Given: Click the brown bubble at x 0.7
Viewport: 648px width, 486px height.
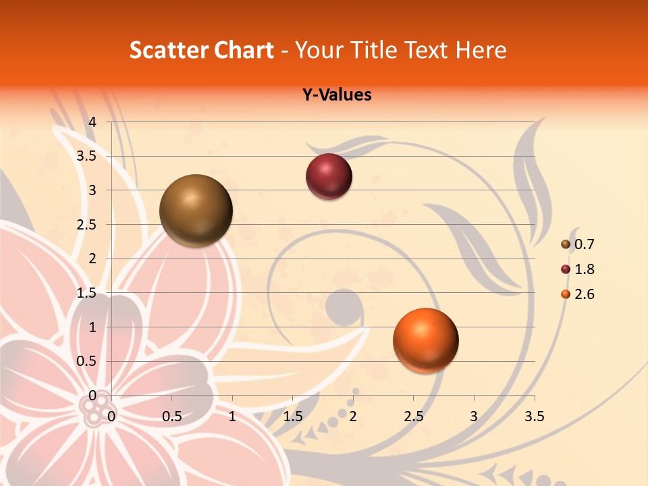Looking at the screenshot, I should click(x=196, y=211).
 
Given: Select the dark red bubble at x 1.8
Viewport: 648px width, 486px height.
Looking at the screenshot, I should click(x=329, y=176).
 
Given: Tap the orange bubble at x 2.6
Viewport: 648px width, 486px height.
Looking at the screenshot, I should click(x=425, y=340).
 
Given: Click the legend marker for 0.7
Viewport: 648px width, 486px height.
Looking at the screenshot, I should click(x=566, y=244).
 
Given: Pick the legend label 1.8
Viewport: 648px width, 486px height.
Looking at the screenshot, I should click(x=585, y=269).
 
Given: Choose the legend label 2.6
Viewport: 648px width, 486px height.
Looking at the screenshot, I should click(x=585, y=294).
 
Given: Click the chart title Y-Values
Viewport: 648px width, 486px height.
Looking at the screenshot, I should click(x=337, y=95).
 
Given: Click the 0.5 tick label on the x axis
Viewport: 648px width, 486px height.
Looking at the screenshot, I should click(x=172, y=416).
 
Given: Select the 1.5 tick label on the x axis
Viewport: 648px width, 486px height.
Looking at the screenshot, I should click(x=293, y=416).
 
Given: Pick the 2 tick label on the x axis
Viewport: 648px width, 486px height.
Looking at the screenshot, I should click(x=353, y=416).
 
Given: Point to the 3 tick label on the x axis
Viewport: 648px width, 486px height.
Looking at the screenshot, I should click(x=474, y=416).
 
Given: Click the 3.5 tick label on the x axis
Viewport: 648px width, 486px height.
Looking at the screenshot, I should click(x=534, y=416).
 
